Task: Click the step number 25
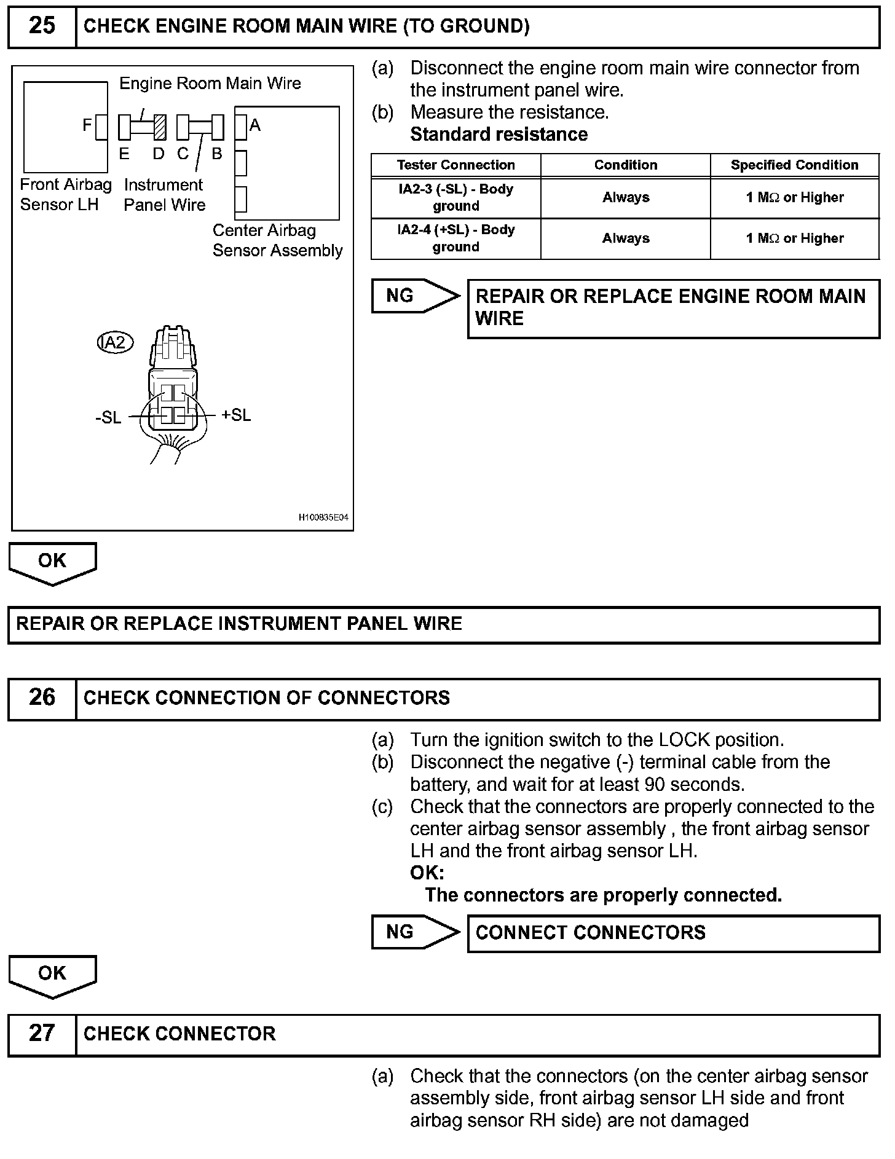point(42,26)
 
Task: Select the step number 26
point(42,697)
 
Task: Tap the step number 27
point(42,1034)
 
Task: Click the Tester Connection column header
point(455,165)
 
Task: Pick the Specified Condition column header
point(794,165)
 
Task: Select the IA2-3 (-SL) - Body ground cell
point(455,197)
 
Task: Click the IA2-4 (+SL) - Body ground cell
point(455,238)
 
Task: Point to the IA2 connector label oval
point(115,342)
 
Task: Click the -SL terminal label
point(108,418)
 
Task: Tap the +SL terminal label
point(236,415)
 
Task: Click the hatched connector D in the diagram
point(160,127)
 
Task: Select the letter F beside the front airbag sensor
point(87,125)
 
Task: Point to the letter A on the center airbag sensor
point(255,125)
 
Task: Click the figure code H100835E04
point(323,517)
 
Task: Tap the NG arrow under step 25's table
point(414,296)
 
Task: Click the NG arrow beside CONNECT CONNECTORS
point(414,932)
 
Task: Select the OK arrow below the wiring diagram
point(52,562)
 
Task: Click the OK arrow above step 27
point(52,975)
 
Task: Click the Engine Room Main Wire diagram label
point(210,84)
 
